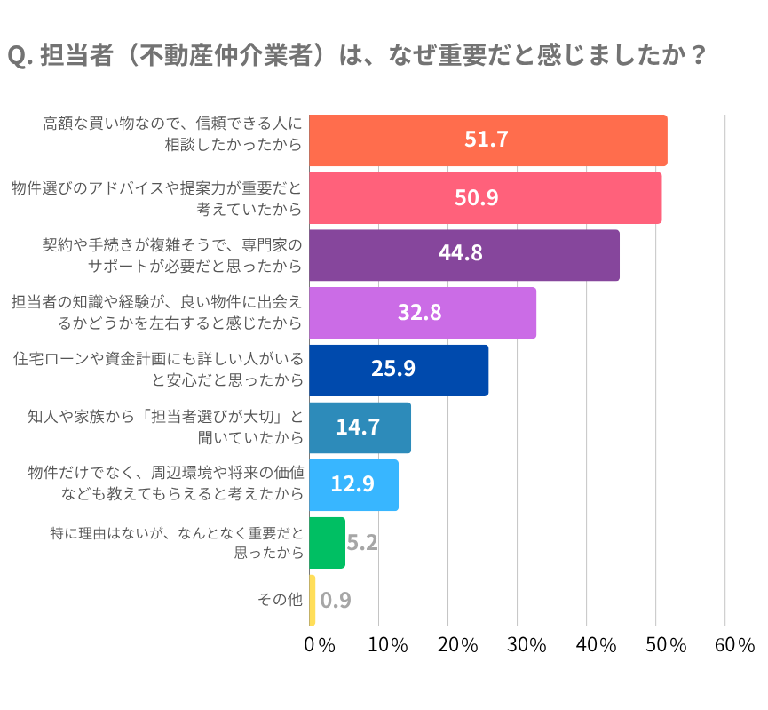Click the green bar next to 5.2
pos(327,542)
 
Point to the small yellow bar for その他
pos(313,600)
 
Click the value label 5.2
pos(362,542)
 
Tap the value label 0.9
pos(336,600)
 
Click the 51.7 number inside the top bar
pos(487,140)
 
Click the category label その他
pos(280,600)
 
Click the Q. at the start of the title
pos(20,56)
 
